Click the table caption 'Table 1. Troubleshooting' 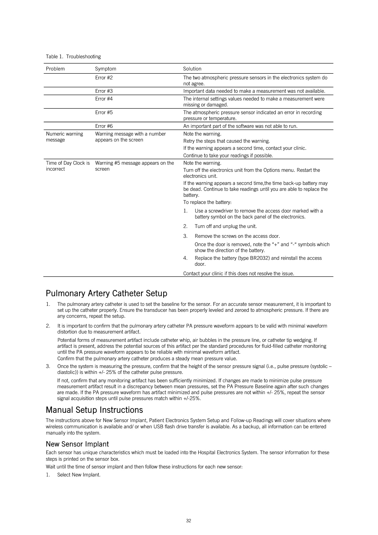coord(73,56)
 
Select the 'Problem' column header coord(55,69)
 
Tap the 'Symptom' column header coord(105,69)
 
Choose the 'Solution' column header coord(192,69)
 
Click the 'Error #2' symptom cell coord(104,78)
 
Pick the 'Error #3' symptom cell coord(104,91)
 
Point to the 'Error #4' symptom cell coord(104,99)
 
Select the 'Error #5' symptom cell coord(104,112)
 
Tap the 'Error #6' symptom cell coord(104,126)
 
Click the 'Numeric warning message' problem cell coord(64,137)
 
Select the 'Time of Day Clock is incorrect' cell coord(68,166)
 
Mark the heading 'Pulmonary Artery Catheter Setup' coord(106,293)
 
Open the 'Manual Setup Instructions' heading coord(94,410)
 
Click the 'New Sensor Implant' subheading coord(77,444)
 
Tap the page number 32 coord(188,520)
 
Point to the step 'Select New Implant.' coord(79,475)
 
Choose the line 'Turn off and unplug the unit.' coord(226,226)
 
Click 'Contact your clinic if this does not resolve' coord(239,273)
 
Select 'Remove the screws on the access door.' coord(237,236)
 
